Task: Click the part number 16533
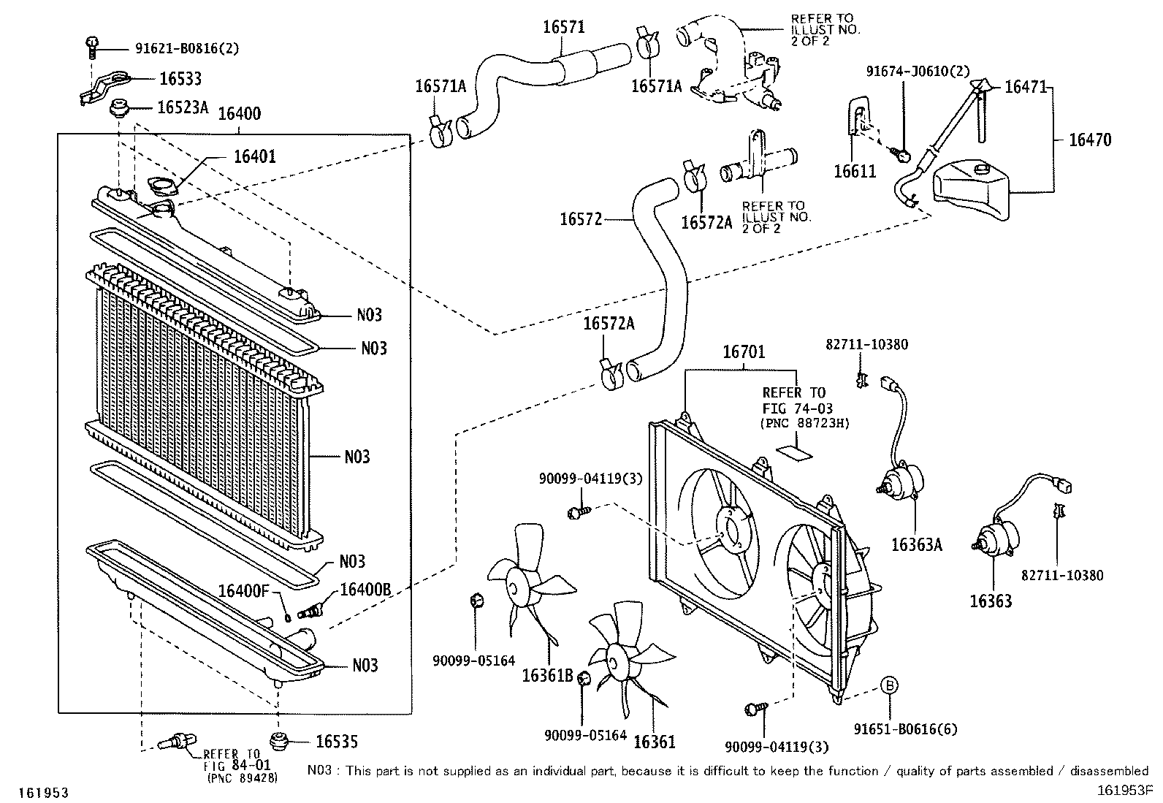coord(180,78)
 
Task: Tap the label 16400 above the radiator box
coord(240,114)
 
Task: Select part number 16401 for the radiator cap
coord(254,156)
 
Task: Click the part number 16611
coord(855,172)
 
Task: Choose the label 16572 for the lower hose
coord(581,219)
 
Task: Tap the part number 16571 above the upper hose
coord(564,27)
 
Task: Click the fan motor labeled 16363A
coord(900,481)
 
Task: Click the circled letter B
coord(889,685)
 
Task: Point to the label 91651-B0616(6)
coord(905,729)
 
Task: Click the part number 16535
coord(337,742)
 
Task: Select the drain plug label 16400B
coord(365,590)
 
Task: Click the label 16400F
coord(244,591)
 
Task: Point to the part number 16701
coord(744,352)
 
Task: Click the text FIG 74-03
coord(797,408)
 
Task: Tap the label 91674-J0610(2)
coord(918,71)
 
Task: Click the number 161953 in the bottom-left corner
coord(44,793)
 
